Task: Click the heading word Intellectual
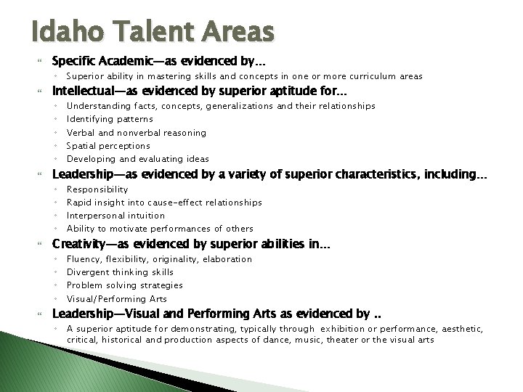[x=84, y=91]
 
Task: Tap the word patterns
[x=134, y=119]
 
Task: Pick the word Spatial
[x=83, y=145]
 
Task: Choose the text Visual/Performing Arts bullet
[x=116, y=298]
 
